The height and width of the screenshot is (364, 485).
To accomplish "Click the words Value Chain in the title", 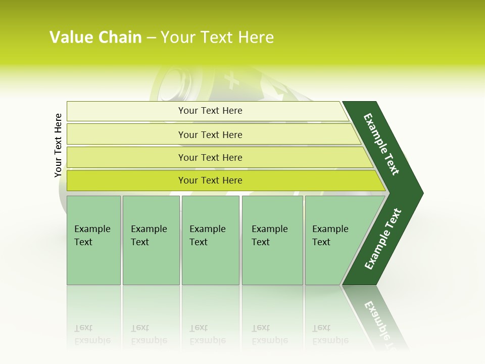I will pyautogui.click(x=95, y=37).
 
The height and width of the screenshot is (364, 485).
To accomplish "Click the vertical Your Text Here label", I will pyautogui.click(x=58, y=145).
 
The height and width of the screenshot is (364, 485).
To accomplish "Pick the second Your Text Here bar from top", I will pyautogui.click(x=210, y=134).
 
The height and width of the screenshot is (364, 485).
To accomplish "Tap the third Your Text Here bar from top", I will pyautogui.click(x=210, y=157).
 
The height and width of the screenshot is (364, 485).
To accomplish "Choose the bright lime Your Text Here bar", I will pyautogui.click(x=210, y=180).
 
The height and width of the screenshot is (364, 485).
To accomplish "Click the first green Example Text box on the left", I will pyautogui.click(x=93, y=240).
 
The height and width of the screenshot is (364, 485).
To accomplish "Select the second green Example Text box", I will pyautogui.click(x=151, y=240).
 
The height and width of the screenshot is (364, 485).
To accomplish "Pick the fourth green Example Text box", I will pyautogui.click(x=272, y=240).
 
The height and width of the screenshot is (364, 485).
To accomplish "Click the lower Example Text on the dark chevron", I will pyautogui.click(x=383, y=239).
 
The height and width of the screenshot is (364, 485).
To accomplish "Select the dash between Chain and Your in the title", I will pyautogui.click(x=151, y=37).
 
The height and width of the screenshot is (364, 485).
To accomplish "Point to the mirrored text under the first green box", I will pyautogui.click(x=92, y=334).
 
